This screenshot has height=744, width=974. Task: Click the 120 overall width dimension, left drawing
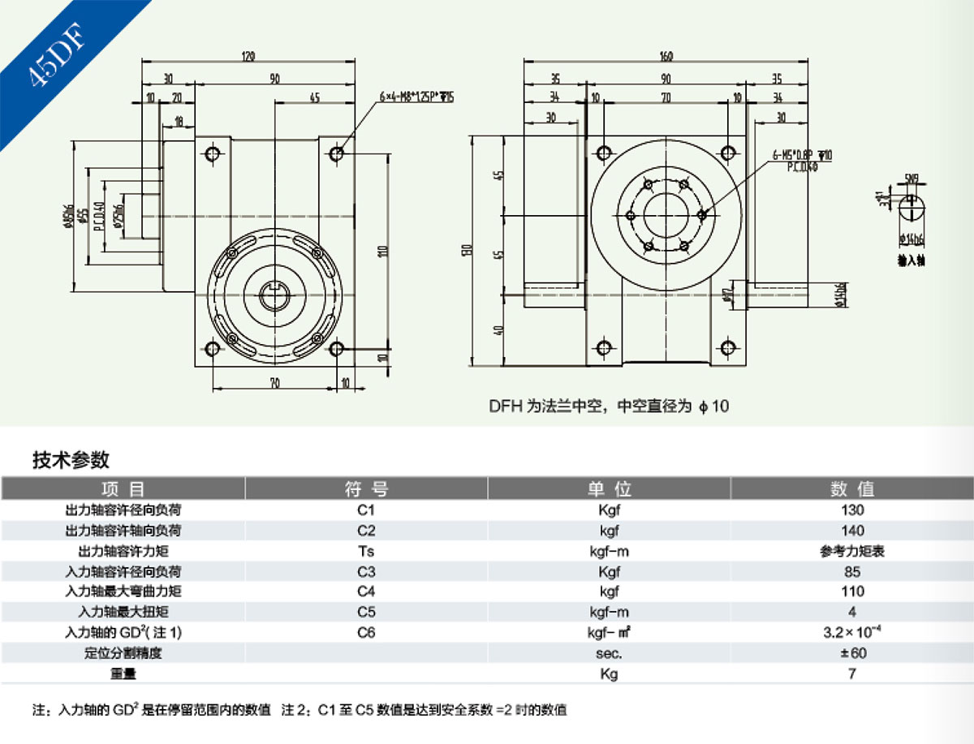[248, 55]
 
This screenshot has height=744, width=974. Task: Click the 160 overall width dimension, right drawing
[666, 55]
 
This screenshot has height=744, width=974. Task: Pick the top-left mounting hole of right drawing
[603, 153]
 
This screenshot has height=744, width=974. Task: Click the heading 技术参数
[71, 460]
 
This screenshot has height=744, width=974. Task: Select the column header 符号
[366, 489]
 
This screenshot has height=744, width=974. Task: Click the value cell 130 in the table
[852, 510]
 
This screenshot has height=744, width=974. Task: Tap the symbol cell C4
[366, 591]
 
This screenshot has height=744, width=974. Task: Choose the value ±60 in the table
[852, 652]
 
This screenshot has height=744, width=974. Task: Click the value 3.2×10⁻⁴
[852, 631]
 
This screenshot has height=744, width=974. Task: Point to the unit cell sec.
[609, 652]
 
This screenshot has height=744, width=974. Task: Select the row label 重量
[123, 673]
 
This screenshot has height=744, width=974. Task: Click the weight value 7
[852, 673]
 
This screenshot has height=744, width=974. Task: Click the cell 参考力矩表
[852, 551]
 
